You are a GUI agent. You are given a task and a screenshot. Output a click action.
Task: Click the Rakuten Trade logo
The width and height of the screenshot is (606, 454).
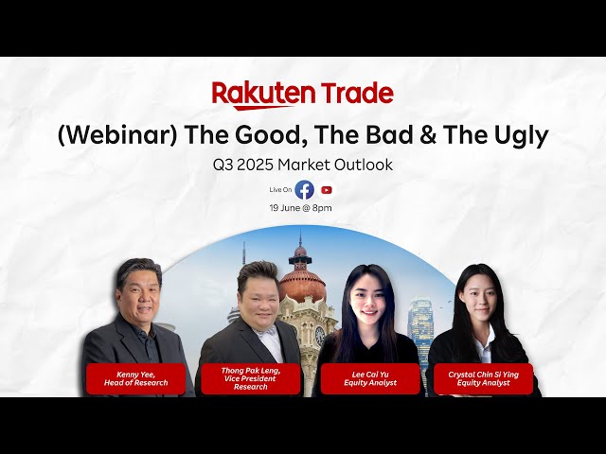302,95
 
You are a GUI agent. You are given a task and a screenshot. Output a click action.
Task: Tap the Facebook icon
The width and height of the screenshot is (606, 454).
304,189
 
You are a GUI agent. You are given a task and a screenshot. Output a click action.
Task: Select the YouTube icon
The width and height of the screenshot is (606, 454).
327,189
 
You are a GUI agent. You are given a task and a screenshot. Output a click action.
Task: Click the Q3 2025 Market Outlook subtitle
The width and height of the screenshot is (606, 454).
302,165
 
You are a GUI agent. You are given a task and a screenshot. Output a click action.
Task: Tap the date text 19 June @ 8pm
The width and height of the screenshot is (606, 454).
300,208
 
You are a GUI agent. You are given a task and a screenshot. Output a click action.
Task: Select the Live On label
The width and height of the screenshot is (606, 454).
280,190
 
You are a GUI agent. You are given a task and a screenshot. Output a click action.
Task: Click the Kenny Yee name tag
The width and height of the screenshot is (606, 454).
135,378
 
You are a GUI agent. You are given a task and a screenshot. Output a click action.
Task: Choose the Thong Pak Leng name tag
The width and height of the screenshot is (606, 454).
251,378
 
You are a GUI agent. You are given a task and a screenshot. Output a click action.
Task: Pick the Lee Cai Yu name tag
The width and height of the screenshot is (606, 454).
370,378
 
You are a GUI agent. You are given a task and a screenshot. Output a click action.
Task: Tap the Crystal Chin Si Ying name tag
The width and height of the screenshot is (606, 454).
483,378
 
